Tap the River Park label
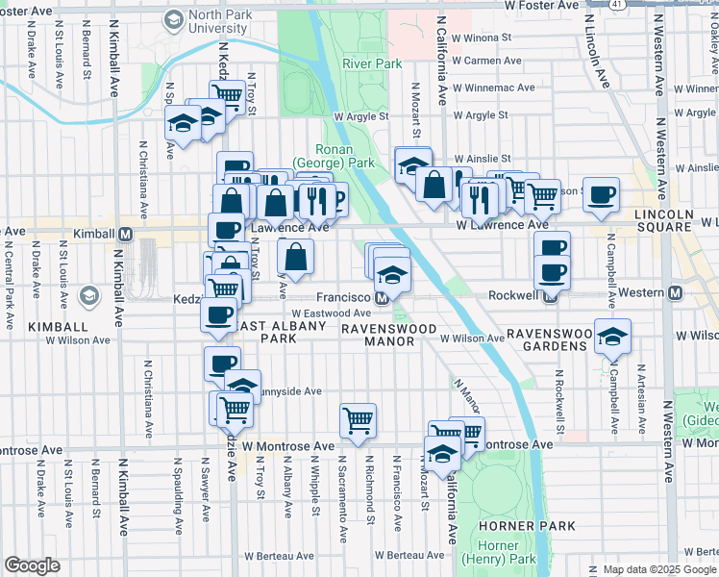tap(371, 64)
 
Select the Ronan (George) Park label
tap(346, 157)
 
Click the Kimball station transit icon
tap(124, 234)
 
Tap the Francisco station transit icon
tap(382, 298)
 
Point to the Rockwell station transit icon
tap(551, 295)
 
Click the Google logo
tap(32, 565)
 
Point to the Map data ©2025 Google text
tap(660, 569)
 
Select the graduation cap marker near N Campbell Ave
tap(612, 337)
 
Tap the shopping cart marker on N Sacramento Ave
tap(358, 420)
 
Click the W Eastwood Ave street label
tap(332, 314)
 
